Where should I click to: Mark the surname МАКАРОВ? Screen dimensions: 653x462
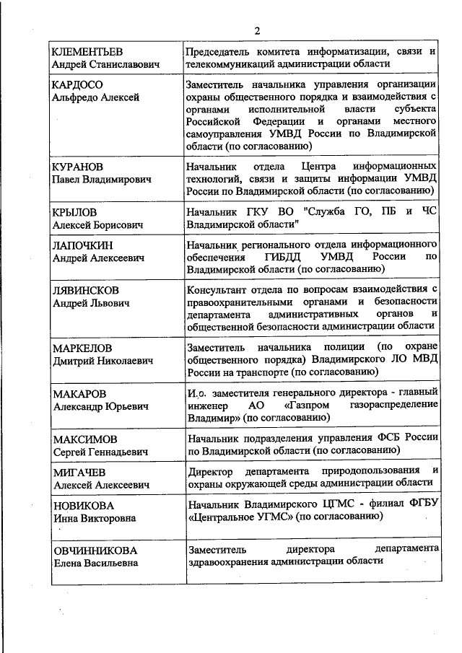79,394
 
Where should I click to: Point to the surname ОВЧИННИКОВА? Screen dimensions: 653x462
93,551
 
